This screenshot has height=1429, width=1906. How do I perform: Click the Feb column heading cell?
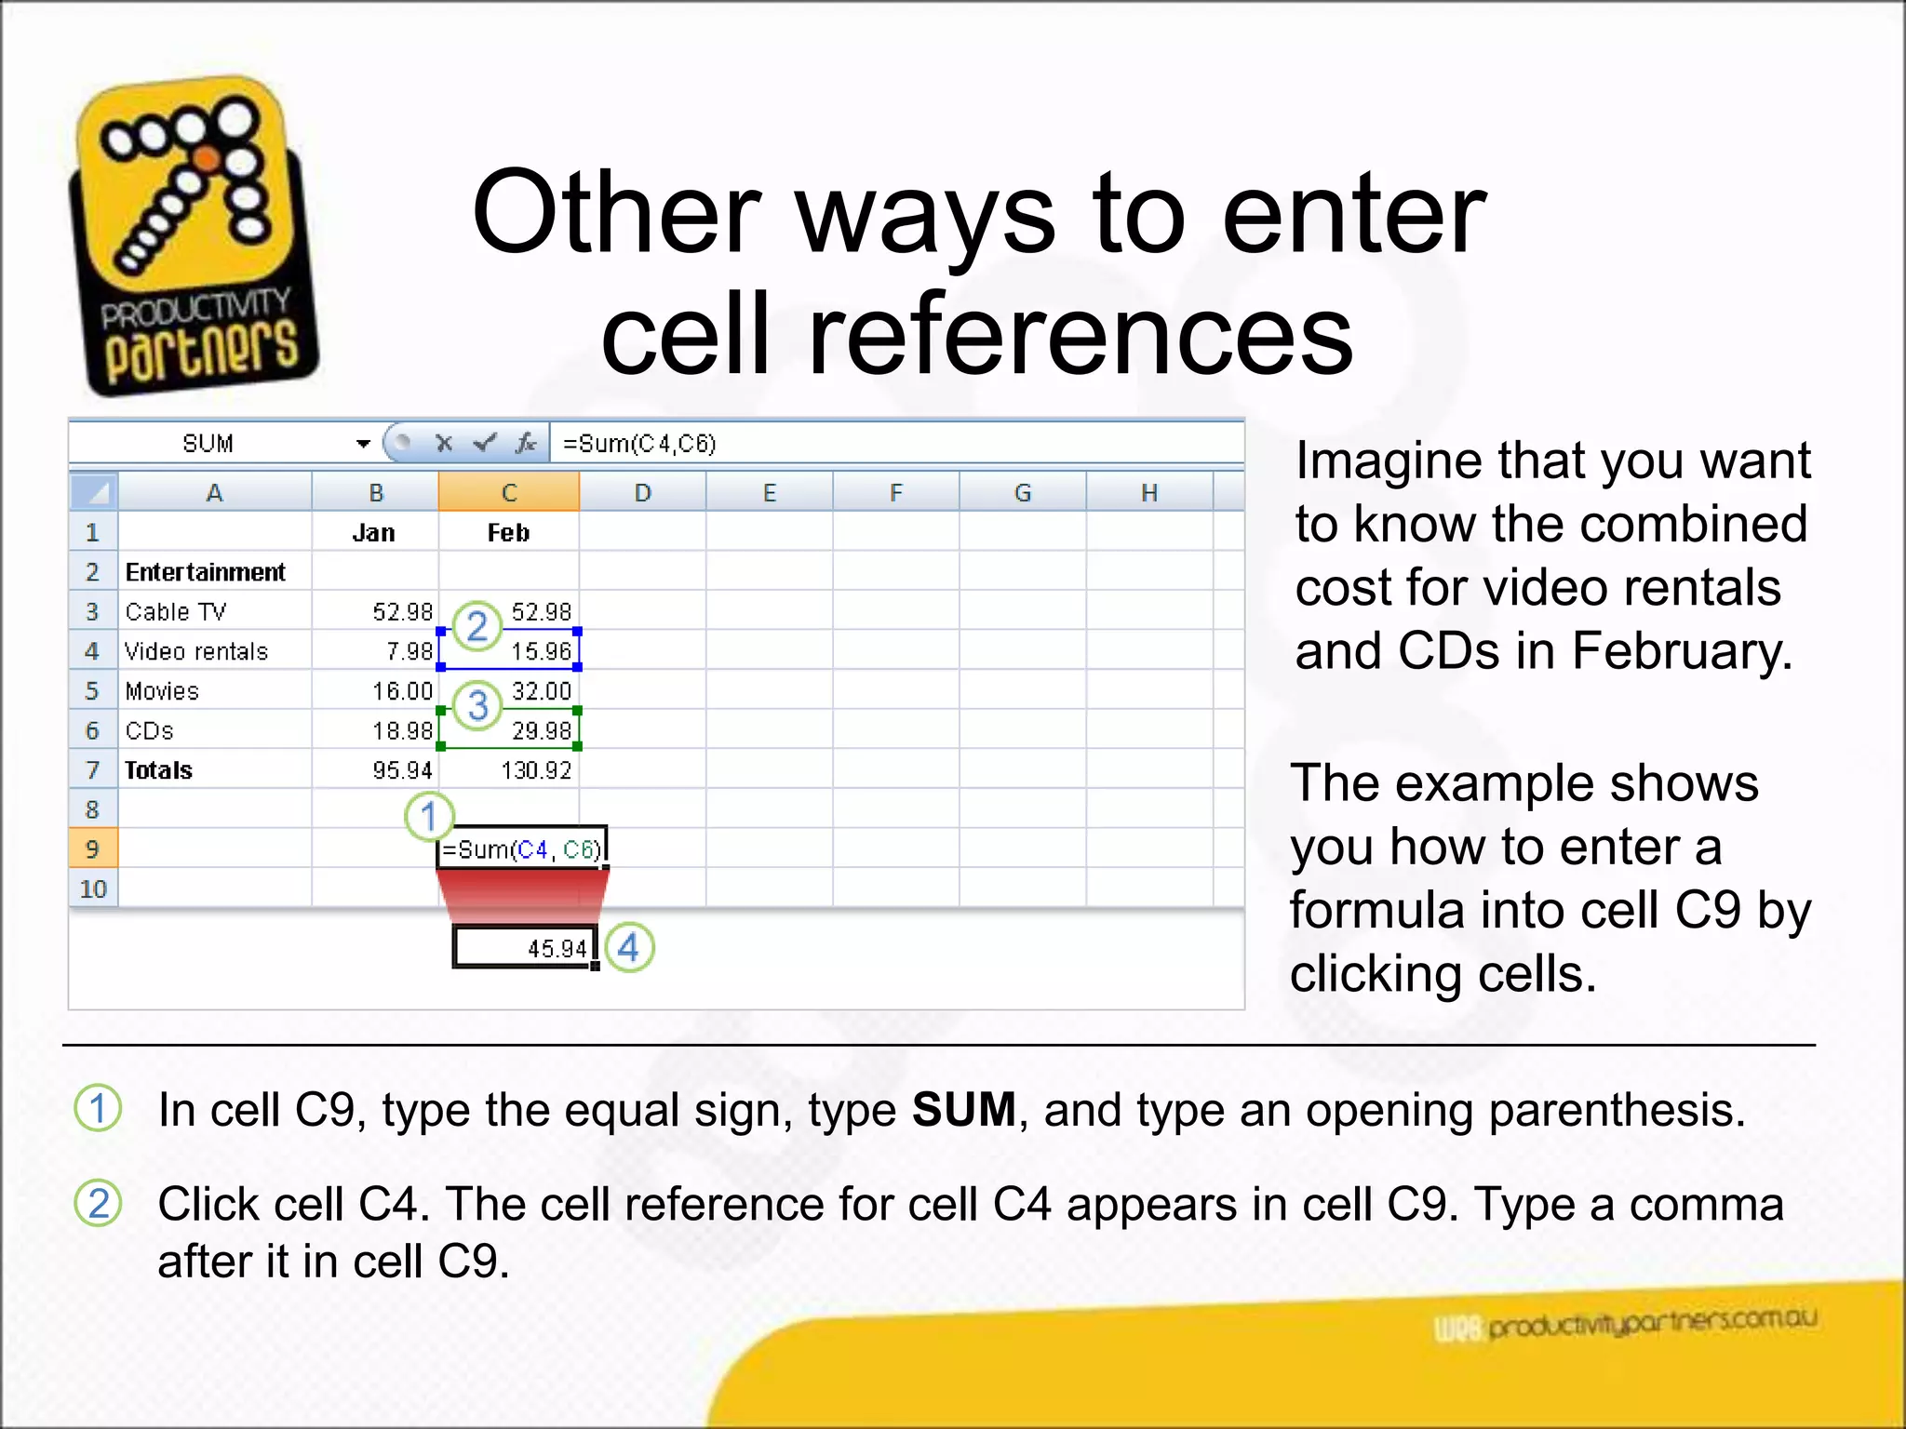click(508, 533)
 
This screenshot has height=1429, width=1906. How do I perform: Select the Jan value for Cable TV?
click(402, 612)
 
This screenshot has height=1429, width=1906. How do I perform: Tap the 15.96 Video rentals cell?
click(540, 651)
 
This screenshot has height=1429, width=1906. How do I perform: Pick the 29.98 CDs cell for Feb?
click(541, 731)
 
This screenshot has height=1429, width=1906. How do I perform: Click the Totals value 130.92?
click(535, 770)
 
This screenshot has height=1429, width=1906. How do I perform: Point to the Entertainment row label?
click(205, 572)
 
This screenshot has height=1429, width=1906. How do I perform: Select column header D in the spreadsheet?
click(642, 493)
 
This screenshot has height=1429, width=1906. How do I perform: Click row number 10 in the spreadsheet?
click(93, 889)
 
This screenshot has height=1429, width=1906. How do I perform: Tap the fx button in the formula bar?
click(527, 444)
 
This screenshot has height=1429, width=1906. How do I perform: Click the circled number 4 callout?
click(629, 948)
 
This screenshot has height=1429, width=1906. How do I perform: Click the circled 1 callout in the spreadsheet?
click(429, 817)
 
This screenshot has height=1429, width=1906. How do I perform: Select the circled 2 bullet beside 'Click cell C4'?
click(98, 1203)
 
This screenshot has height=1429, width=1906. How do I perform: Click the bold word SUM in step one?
click(963, 1110)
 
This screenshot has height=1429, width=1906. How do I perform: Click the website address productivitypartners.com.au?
click(1651, 1322)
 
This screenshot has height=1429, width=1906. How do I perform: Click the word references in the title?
click(1080, 335)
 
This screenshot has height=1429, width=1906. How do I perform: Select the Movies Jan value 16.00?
click(402, 691)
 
